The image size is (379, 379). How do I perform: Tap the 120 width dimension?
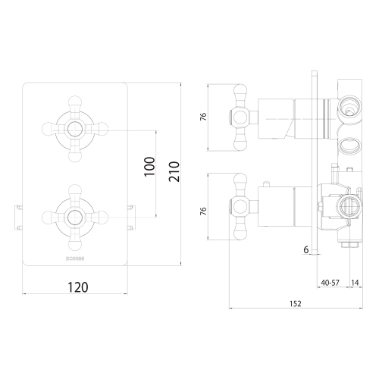[77, 287]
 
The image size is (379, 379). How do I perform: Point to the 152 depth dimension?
[295, 303]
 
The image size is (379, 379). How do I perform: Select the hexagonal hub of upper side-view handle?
[239, 117]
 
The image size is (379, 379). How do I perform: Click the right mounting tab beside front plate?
[133, 215]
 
